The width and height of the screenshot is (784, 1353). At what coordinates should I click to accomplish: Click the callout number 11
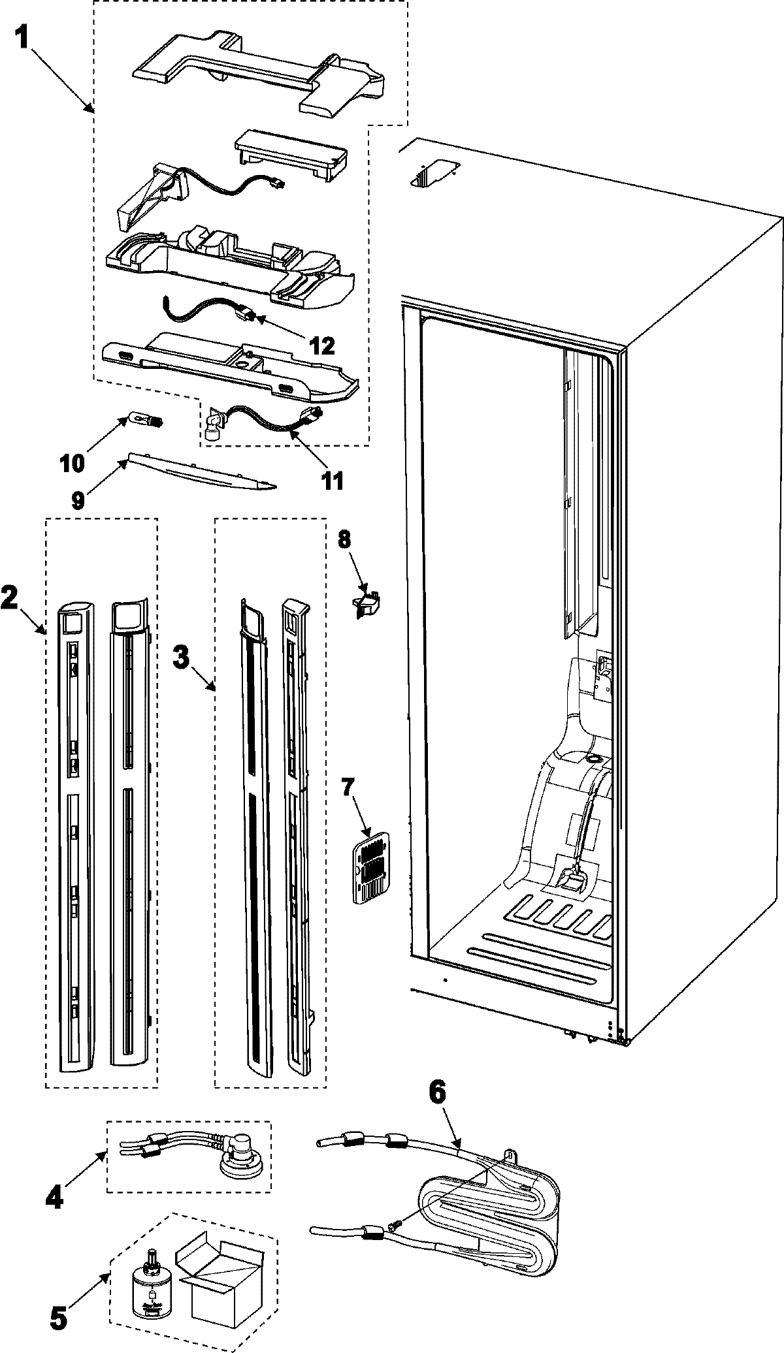332,481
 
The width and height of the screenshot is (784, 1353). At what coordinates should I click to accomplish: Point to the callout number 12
319,345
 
